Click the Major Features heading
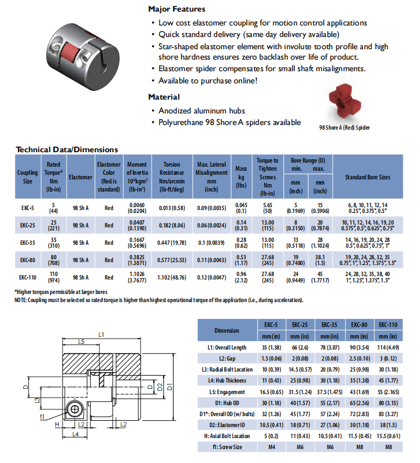[176, 9]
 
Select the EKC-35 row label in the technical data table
[27, 242]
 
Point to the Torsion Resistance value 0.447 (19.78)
[172, 242]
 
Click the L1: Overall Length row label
[226, 347]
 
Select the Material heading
[164, 97]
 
